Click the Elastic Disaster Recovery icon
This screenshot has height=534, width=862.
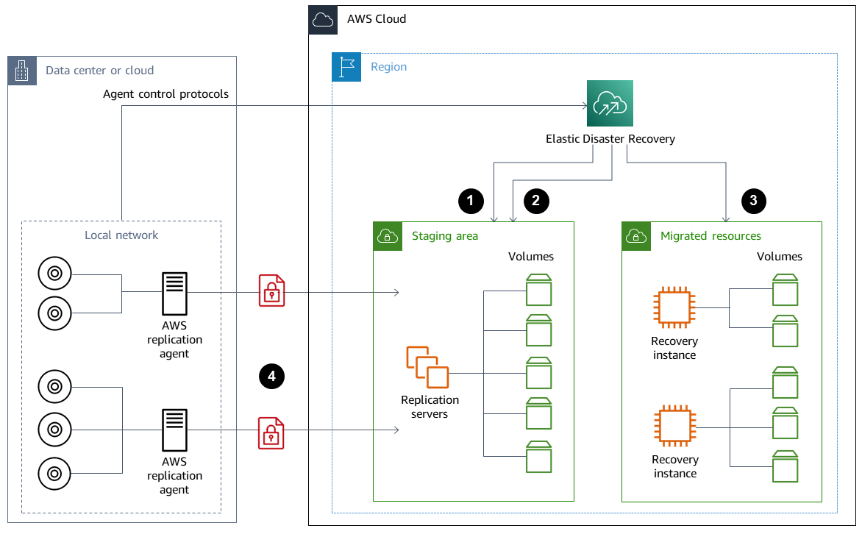[610, 104]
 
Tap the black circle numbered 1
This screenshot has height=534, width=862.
[471, 199]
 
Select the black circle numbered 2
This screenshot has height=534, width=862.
[536, 199]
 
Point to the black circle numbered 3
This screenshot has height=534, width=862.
[753, 199]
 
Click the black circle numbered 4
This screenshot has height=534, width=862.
[271, 376]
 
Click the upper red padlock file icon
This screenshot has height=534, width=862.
[271, 290]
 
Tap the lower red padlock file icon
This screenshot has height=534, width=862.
[271, 432]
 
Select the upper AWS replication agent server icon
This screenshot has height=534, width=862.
[174, 293]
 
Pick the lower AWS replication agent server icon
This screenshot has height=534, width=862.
[174, 430]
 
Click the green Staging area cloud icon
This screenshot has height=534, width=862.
[388, 236]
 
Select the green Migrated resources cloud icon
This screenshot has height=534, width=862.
[636, 236]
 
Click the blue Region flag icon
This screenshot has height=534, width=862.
[346, 67]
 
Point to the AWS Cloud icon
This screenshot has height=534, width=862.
[323, 19]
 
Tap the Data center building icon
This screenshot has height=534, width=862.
[22, 71]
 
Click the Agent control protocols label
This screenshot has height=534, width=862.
[165, 94]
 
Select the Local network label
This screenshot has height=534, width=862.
[121, 235]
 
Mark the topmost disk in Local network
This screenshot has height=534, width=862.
[54, 274]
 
